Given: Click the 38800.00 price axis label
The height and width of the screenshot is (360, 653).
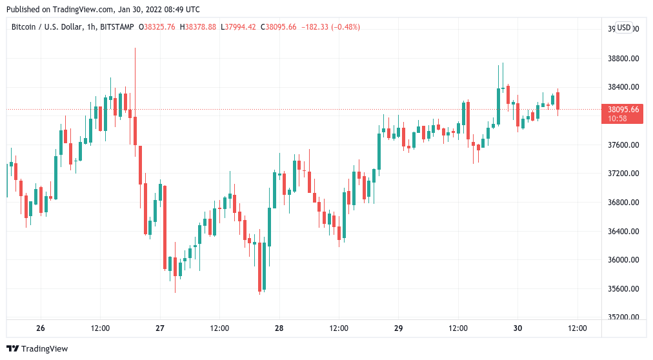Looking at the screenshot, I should coord(623,58).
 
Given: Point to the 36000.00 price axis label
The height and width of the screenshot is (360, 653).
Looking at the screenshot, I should coord(623,260).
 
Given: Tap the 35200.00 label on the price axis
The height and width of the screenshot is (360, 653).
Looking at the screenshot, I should coord(623,317).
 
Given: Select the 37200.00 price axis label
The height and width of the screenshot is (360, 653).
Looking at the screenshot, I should coord(623,174).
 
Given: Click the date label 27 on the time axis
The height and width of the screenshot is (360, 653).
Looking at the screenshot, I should coord(160,328).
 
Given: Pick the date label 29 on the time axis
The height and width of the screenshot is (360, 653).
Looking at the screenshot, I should coord(398,328).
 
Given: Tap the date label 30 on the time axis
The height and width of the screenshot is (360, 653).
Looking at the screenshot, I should coord(517,328).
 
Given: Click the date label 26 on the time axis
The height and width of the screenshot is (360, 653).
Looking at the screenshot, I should coord(41,328).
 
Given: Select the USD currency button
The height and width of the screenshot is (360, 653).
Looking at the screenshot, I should coord(624,28).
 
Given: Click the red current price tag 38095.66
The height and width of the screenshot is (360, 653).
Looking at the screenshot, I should coord(623,109).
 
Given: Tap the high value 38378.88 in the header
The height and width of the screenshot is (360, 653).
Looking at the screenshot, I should coord(201,27).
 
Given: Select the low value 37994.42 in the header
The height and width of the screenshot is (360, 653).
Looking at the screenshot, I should coord(241,27).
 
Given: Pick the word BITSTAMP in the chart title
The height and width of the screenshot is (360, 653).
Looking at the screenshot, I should coord(117,27).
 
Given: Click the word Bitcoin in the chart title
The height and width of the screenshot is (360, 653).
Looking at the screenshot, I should coord(24,27).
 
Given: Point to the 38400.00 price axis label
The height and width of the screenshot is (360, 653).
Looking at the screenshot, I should coord(623,87).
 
